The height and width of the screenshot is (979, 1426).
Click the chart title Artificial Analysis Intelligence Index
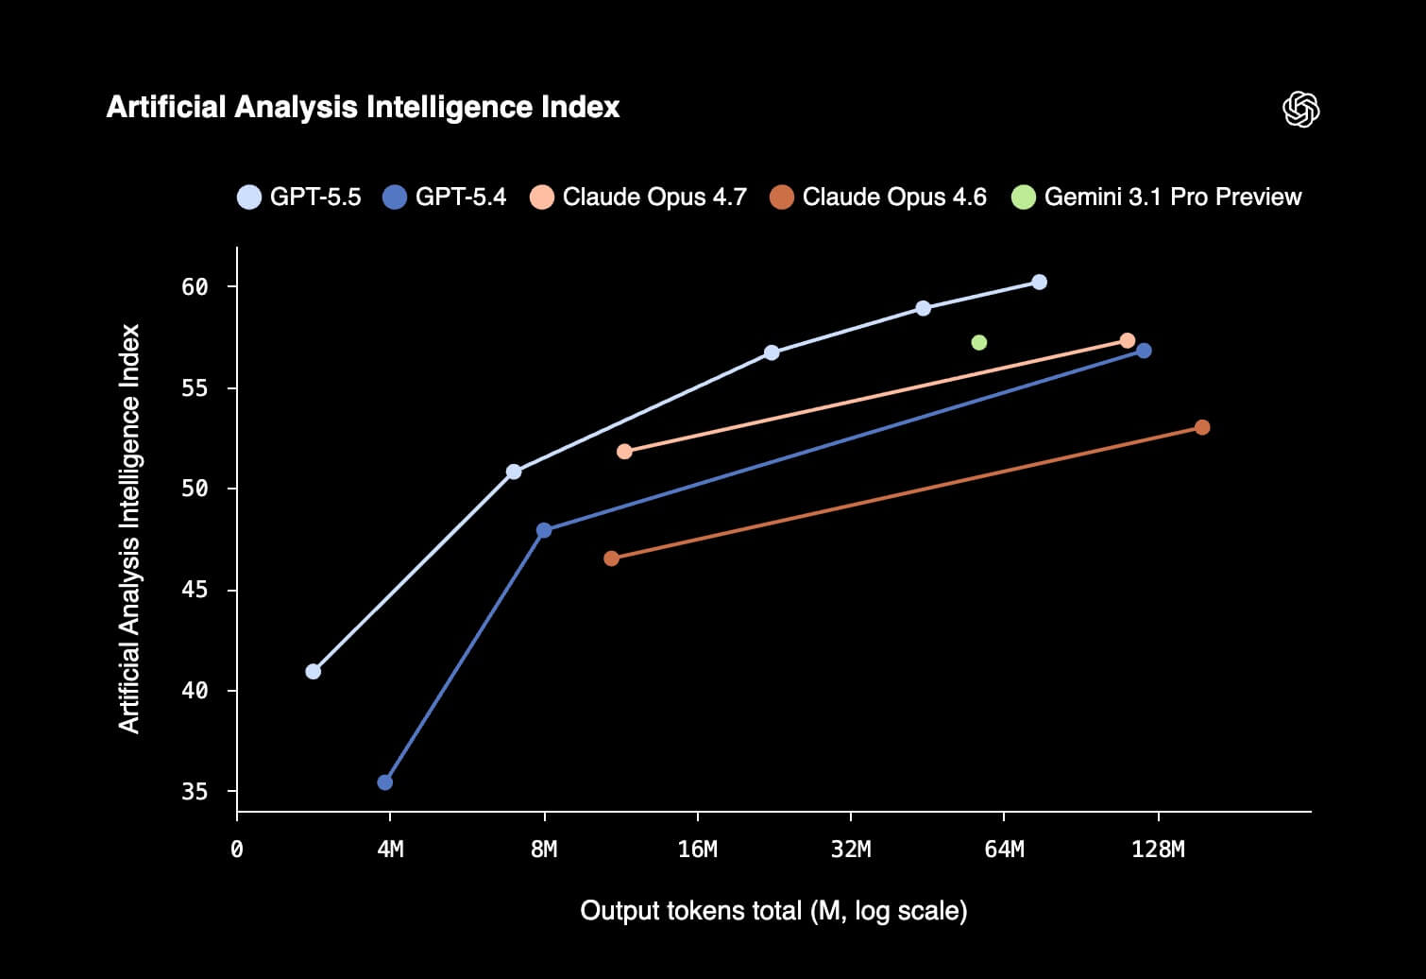tap(363, 107)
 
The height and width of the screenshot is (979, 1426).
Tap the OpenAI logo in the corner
tap(1300, 110)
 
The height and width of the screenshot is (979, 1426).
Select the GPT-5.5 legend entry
tap(299, 197)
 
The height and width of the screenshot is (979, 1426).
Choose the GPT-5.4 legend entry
tap(445, 197)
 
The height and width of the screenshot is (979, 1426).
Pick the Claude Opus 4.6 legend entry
tap(878, 197)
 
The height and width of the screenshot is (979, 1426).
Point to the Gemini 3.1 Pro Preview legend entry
tap(1157, 197)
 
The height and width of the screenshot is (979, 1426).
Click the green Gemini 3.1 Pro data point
tap(978, 342)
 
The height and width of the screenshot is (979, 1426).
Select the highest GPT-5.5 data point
tap(1039, 282)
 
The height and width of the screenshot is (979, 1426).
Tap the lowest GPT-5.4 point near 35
tap(384, 782)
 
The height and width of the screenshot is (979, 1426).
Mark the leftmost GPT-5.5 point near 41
tap(313, 671)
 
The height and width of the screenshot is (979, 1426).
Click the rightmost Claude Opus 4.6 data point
tap(1202, 427)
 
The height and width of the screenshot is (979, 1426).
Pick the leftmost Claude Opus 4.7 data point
tap(624, 452)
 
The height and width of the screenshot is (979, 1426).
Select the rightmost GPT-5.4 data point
tap(1144, 351)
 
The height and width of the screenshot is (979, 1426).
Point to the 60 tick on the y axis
tap(195, 287)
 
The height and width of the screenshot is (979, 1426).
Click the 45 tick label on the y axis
tap(195, 591)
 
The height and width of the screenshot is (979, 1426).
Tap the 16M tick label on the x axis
tap(697, 850)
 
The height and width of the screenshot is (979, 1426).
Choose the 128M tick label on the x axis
tap(1158, 850)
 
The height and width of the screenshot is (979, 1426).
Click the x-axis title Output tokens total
tap(772, 911)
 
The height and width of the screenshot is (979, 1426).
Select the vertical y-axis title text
tap(129, 528)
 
